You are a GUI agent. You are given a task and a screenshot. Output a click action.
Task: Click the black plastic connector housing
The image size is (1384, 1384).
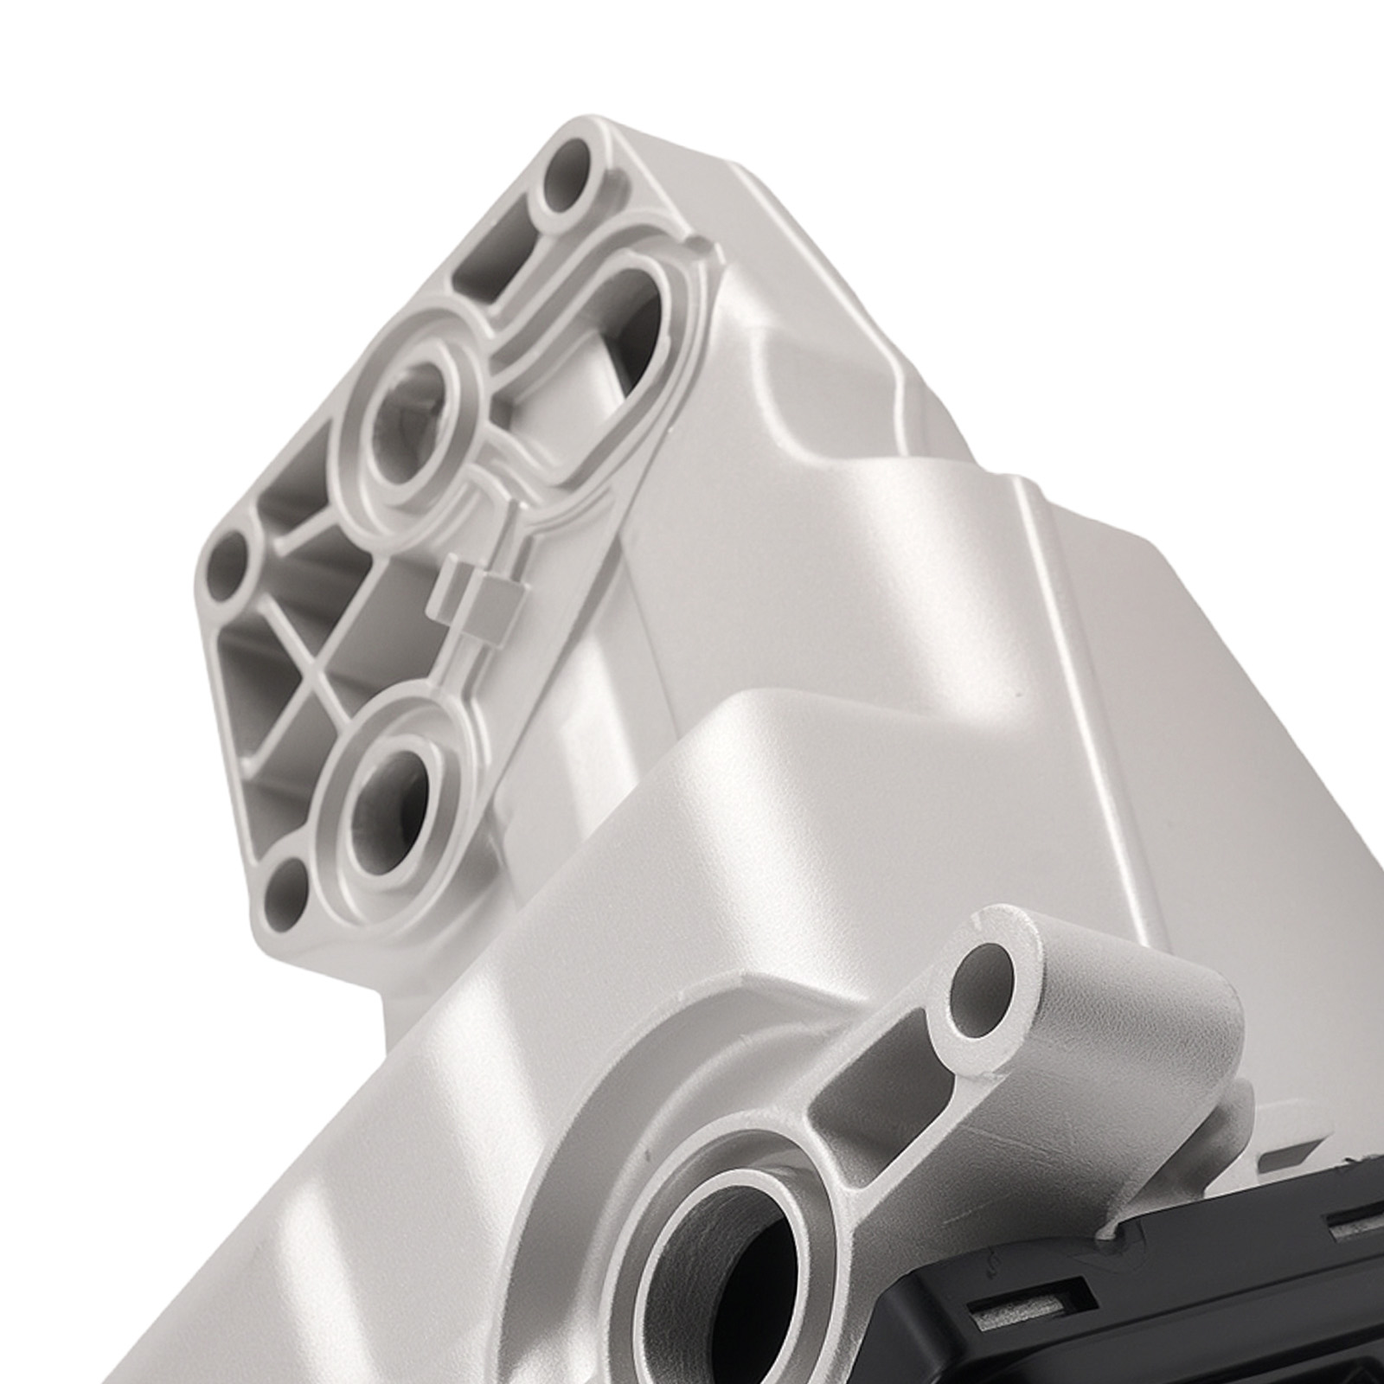[x=1211, y=1280]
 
